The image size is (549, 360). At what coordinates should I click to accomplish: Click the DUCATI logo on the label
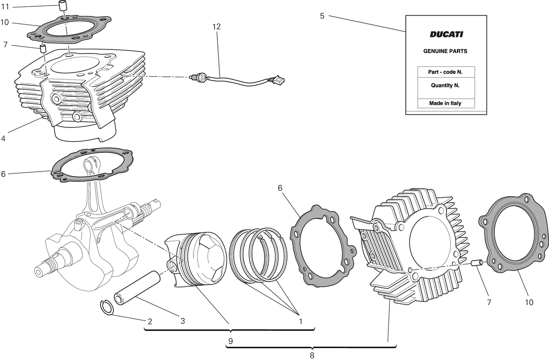(x=447, y=34)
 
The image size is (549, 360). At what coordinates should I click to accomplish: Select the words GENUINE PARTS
(x=445, y=51)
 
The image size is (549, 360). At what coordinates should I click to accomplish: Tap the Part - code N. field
(x=445, y=72)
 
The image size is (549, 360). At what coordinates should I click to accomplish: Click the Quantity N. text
(x=445, y=85)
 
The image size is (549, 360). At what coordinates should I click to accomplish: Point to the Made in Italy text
(x=445, y=103)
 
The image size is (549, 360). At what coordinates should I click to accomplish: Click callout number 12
(x=216, y=27)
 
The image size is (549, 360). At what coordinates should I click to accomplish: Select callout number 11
(x=5, y=7)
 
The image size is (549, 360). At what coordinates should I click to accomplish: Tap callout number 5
(x=322, y=16)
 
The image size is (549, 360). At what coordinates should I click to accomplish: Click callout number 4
(x=3, y=139)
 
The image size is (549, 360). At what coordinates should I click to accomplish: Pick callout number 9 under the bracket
(x=231, y=341)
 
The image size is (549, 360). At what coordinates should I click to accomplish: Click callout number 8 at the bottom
(x=312, y=355)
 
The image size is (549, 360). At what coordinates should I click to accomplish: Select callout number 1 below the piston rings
(x=301, y=321)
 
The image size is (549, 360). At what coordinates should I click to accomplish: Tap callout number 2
(x=150, y=321)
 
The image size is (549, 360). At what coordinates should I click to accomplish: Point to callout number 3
(x=183, y=321)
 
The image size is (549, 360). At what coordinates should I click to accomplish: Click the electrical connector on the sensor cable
(x=279, y=80)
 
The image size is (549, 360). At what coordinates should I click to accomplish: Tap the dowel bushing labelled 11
(x=63, y=5)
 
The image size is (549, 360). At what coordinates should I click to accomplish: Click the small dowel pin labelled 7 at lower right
(x=476, y=263)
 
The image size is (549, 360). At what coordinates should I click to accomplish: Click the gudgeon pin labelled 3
(x=137, y=288)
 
